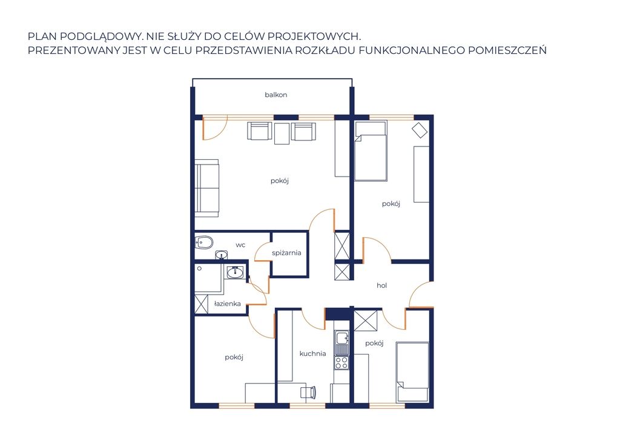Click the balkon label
(x=275, y=95)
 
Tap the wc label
(x=240, y=245)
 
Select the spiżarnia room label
(x=286, y=253)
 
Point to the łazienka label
(x=228, y=304)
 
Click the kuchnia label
(x=313, y=353)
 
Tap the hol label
(x=381, y=285)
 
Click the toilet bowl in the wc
(x=204, y=242)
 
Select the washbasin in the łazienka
(x=236, y=272)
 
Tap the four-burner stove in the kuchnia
(x=341, y=362)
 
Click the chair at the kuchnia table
(x=308, y=392)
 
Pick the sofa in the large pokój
(x=207, y=188)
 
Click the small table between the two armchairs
(x=282, y=134)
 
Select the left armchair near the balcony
(x=259, y=131)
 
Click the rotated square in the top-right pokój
(x=420, y=130)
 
